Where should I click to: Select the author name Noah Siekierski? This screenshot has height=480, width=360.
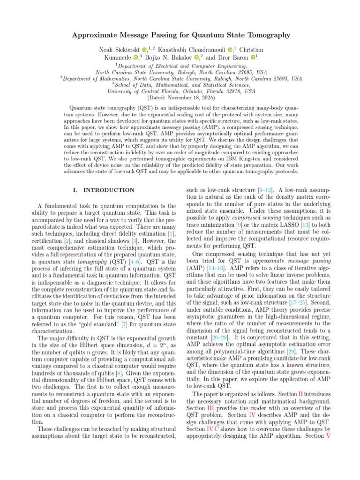[x=120, y=50]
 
